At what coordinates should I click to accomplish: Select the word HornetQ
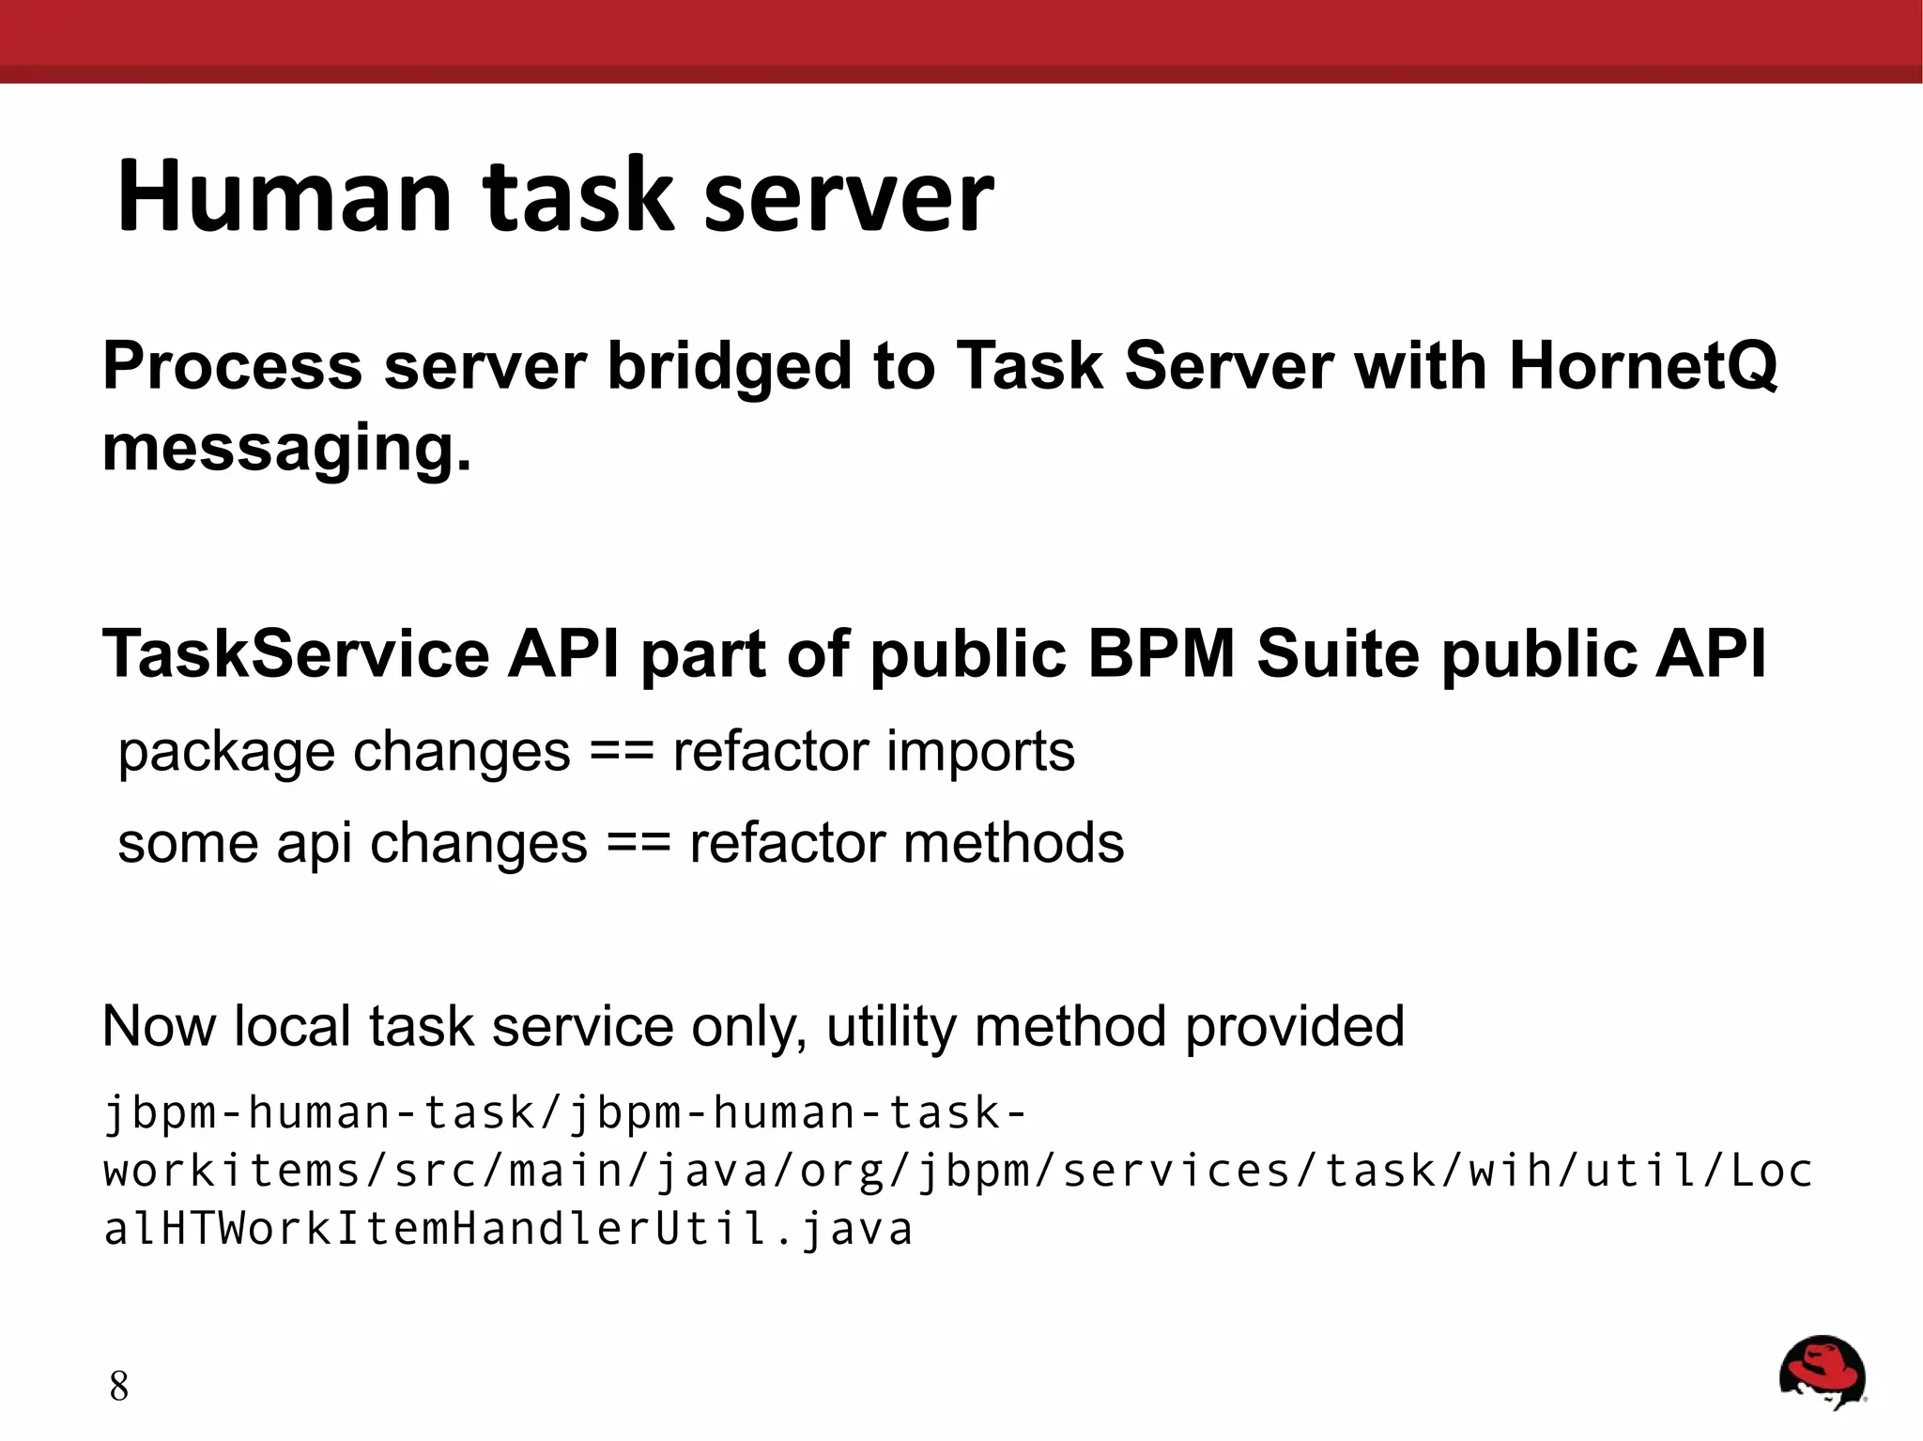pos(1642,365)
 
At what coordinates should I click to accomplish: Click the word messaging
pos(286,449)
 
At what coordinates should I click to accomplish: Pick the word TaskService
pos(296,653)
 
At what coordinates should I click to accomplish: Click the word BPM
pos(1161,653)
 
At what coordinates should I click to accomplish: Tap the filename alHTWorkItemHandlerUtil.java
pos(507,1229)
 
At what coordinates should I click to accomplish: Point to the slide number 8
pos(118,1387)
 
